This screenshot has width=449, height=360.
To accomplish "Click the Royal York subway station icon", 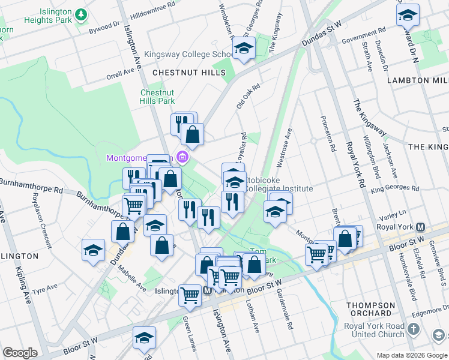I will coord(421,227).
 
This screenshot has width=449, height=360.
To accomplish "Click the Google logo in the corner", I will coord(20,353).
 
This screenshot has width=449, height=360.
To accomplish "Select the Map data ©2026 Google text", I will coord(411,355).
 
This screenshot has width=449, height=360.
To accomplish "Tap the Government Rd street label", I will coord(363,37).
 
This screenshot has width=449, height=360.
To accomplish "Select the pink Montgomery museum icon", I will coord(183,158).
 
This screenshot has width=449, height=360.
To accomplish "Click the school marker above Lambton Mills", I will coord(408,15).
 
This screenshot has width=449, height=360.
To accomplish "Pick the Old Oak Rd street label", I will coord(247,96).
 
